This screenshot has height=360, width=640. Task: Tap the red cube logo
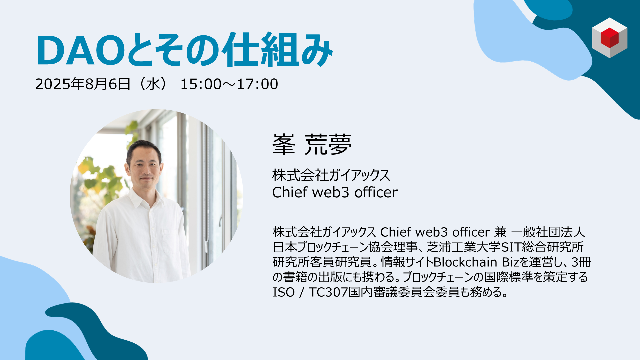(609, 38)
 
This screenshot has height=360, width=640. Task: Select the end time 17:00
(257, 84)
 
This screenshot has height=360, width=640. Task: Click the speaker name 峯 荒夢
(312, 144)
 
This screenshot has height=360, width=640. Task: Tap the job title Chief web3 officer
(335, 192)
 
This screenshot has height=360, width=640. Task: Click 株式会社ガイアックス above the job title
(331, 175)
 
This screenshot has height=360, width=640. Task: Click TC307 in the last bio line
(328, 292)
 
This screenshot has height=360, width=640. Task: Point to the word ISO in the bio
(284, 292)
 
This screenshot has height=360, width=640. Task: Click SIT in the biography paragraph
(511, 247)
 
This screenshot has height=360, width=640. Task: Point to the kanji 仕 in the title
(241, 50)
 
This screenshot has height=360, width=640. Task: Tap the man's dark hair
(144, 149)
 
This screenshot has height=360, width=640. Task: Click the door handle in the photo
(220, 222)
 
